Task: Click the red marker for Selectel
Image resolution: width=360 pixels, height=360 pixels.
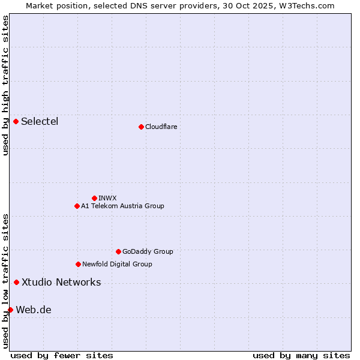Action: pyautogui.click(x=16, y=122)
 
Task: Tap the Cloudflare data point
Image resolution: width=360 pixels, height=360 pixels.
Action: pyautogui.click(x=141, y=127)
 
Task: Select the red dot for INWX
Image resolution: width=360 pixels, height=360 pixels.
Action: pyautogui.click(x=94, y=198)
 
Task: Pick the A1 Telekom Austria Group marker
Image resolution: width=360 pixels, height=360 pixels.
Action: pyautogui.click(x=77, y=206)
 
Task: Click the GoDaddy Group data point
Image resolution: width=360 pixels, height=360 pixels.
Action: pyautogui.click(x=118, y=251)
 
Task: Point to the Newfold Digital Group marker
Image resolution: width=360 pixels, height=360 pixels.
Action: pyautogui.click(x=78, y=264)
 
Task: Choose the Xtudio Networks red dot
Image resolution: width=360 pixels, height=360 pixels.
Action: pyautogui.click(x=16, y=282)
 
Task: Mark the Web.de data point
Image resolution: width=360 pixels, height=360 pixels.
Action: pyautogui.click(x=10, y=310)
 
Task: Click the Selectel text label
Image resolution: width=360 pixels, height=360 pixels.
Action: pyautogui.click(x=40, y=122)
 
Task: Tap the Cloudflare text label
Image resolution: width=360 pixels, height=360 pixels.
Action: pyautogui.click(x=161, y=127)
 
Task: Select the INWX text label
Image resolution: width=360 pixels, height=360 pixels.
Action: pyautogui.click(x=107, y=198)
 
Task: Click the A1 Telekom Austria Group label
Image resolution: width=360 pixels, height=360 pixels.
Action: pyautogui.click(x=122, y=206)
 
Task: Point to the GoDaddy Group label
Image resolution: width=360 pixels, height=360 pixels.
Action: pyautogui.click(x=148, y=251)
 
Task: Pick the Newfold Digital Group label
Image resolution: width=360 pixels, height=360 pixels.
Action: pyautogui.click(x=117, y=264)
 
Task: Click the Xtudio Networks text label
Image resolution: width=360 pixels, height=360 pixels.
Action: pyautogui.click(x=61, y=282)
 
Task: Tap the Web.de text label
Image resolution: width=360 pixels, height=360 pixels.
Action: pyautogui.click(x=34, y=310)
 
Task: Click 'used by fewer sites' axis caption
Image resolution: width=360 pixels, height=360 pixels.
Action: pyautogui.click(x=62, y=355)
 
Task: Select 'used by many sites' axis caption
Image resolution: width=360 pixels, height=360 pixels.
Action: pyautogui.click(x=301, y=355)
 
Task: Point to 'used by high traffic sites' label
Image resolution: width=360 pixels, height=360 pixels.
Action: pyautogui.click(x=5, y=85)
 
